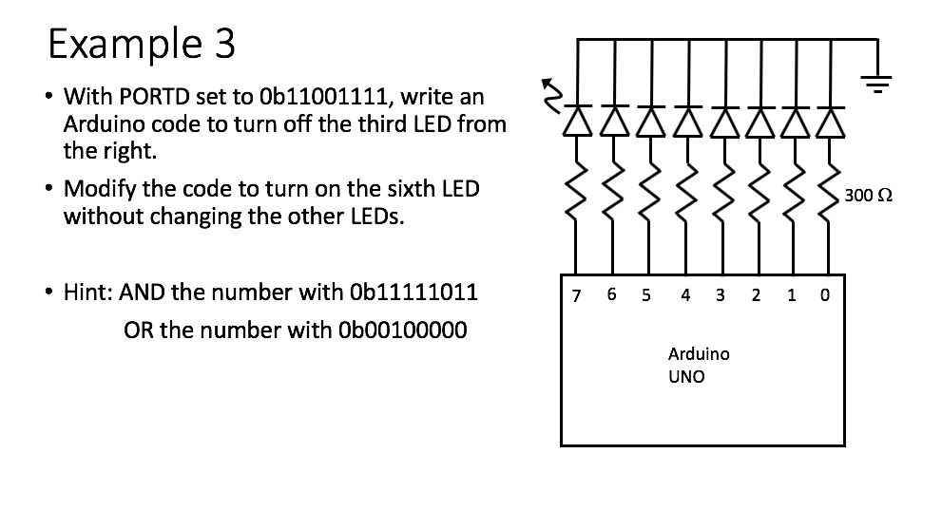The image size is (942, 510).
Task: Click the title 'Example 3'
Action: tap(142, 44)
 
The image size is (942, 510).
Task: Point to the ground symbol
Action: tap(876, 85)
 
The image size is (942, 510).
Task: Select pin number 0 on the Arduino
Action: tap(824, 294)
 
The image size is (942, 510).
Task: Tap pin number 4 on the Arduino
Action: tap(685, 294)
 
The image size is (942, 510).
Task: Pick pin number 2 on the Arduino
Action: tap(756, 294)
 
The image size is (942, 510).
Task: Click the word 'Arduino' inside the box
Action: tap(699, 353)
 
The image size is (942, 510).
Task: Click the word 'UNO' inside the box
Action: tap(687, 376)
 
